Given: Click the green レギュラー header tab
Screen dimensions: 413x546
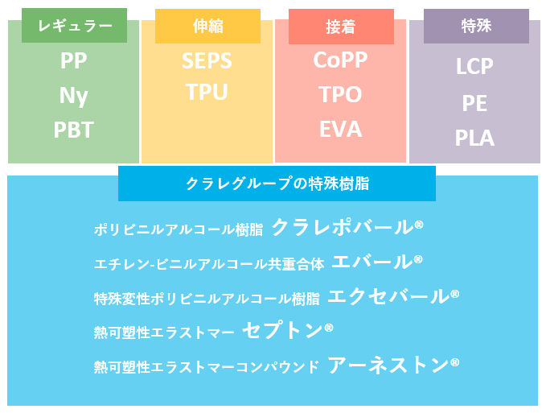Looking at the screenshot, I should coord(74,26).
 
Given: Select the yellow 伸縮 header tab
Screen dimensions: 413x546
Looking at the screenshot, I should coord(207,27).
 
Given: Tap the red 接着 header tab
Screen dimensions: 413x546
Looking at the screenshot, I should coord(341,27).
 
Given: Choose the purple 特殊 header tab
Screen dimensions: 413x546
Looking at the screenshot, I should coord(476,27).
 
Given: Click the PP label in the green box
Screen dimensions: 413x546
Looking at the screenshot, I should coord(74,61).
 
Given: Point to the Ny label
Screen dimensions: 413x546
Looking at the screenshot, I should coord(74,96).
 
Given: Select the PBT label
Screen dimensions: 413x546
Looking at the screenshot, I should coord(74,130).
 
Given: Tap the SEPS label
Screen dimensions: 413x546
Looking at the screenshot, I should coord(207,61).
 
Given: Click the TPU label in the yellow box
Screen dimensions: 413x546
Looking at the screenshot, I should coord(207,93).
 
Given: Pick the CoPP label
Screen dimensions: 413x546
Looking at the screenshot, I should coord(341,60).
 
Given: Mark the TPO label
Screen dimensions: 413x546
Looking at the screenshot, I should coord(341,95).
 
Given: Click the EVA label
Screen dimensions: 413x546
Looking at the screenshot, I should coord(341,129).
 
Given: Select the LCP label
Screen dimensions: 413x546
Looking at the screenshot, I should coord(474,66).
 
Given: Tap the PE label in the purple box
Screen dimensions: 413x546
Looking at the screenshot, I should coord(474,103).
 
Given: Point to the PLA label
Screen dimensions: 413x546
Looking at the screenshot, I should coord(474,138).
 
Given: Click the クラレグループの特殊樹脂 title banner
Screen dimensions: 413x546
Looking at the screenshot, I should coord(277,184).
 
